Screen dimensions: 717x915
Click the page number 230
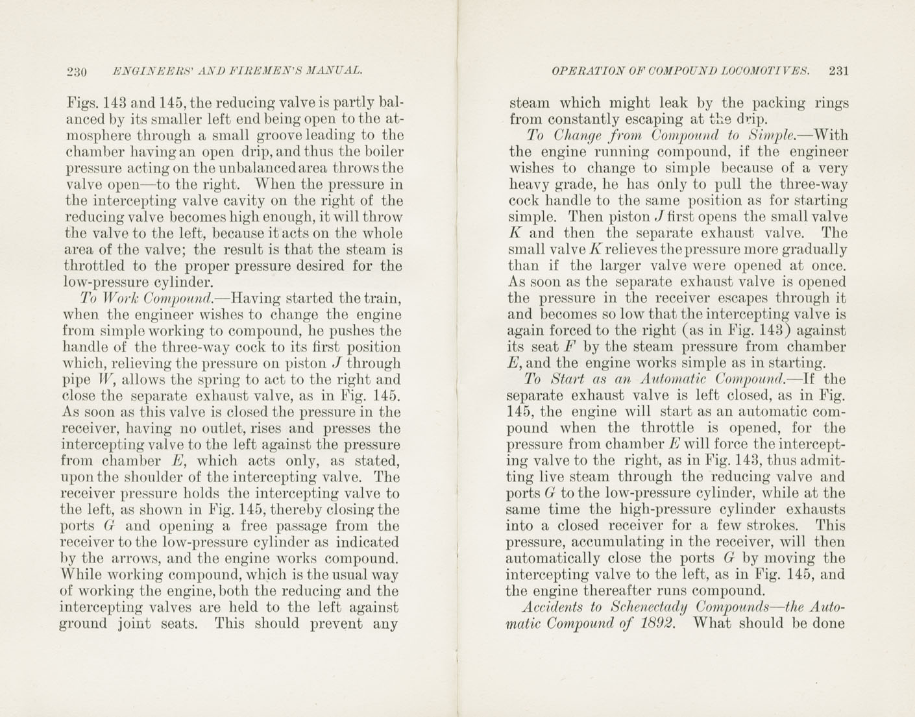click(x=78, y=71)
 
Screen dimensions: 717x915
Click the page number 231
click(x=838, y=71)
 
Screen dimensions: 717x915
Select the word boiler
click(x=384, y=152)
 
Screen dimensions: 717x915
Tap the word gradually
click(x=816, y=250)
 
